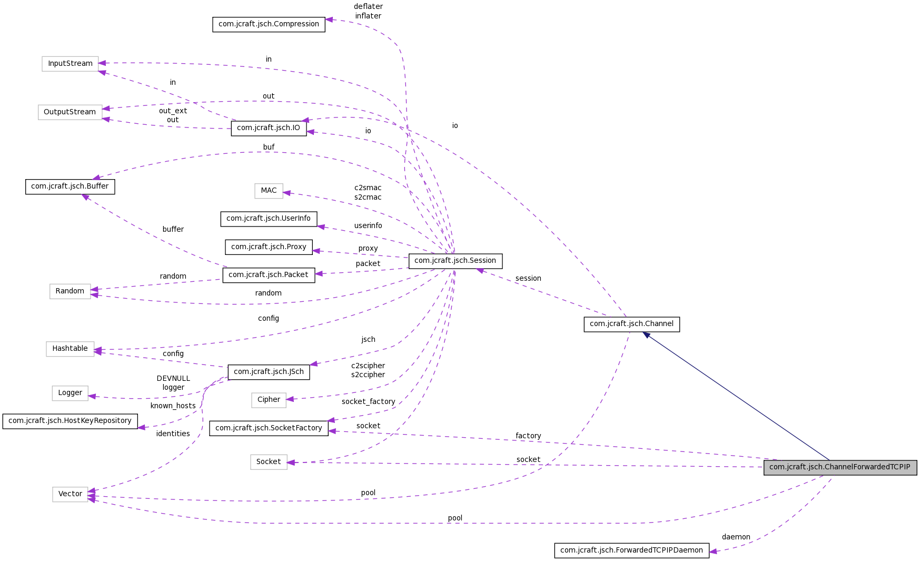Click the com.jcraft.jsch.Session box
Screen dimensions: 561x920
click(x=455, y=261)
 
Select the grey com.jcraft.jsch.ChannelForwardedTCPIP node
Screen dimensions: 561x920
click(x=840, y=467)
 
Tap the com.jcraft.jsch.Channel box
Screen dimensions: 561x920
click(x=631, y=324)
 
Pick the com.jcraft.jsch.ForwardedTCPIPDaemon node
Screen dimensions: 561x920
click(x=631, y=550)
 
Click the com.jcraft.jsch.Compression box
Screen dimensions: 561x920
click(x=269, y=24)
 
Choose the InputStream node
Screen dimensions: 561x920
click(x=70, y=64)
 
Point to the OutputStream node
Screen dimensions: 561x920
click(x=70, y=112)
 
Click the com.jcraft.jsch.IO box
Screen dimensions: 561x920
click(x=269, y=128)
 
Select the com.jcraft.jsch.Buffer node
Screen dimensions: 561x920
click(x=70, y=186)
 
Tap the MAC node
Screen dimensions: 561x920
click(x=269, y=191)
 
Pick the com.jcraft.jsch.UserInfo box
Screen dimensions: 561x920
click(x=269, y=219)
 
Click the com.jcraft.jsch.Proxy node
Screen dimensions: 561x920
click(x=269, y=247)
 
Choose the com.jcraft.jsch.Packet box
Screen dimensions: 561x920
click(x=269, y=275)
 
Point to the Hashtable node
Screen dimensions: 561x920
click(x=70, y=349)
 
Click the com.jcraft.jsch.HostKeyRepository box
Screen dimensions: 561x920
click(x=70, y=421)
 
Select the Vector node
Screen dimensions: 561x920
click(x=70, y=494)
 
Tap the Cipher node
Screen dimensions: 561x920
click(x=269, y=400)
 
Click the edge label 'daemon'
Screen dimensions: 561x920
click(x=736, y=537)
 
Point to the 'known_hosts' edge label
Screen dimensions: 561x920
click(x=173, y=406)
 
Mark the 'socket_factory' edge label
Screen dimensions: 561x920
click(x=368, y=402)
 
